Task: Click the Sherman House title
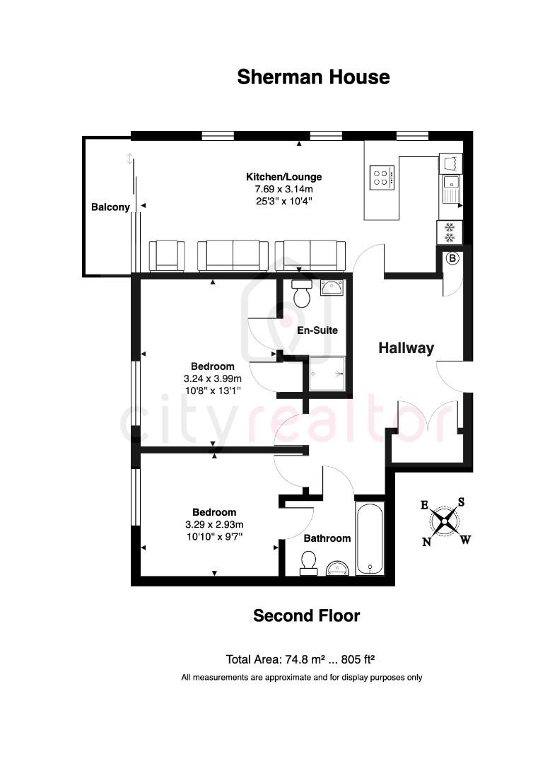[x=313, y=76]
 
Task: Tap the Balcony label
[x=110, y=207]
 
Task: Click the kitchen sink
[x=450, y=188]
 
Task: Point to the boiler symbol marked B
[x=452, y=258]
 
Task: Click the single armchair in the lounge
[x=167, y=255]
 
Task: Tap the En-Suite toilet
[x=302, y=293]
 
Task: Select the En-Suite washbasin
[x=332, y=287]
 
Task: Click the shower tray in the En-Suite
[x=327, y=373]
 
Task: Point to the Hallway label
[x=406, y=347]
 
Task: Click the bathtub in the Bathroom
[x=370, y=538]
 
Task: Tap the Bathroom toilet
[x=309, y=562]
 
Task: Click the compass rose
[x=445, y=523]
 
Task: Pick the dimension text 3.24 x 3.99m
[x=213, y=378]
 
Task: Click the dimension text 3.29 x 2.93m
[x=214, y=524]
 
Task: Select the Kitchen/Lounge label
[x=283, y=177]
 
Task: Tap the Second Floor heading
[x=306, y=616]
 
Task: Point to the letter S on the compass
[x=461, y=502]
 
